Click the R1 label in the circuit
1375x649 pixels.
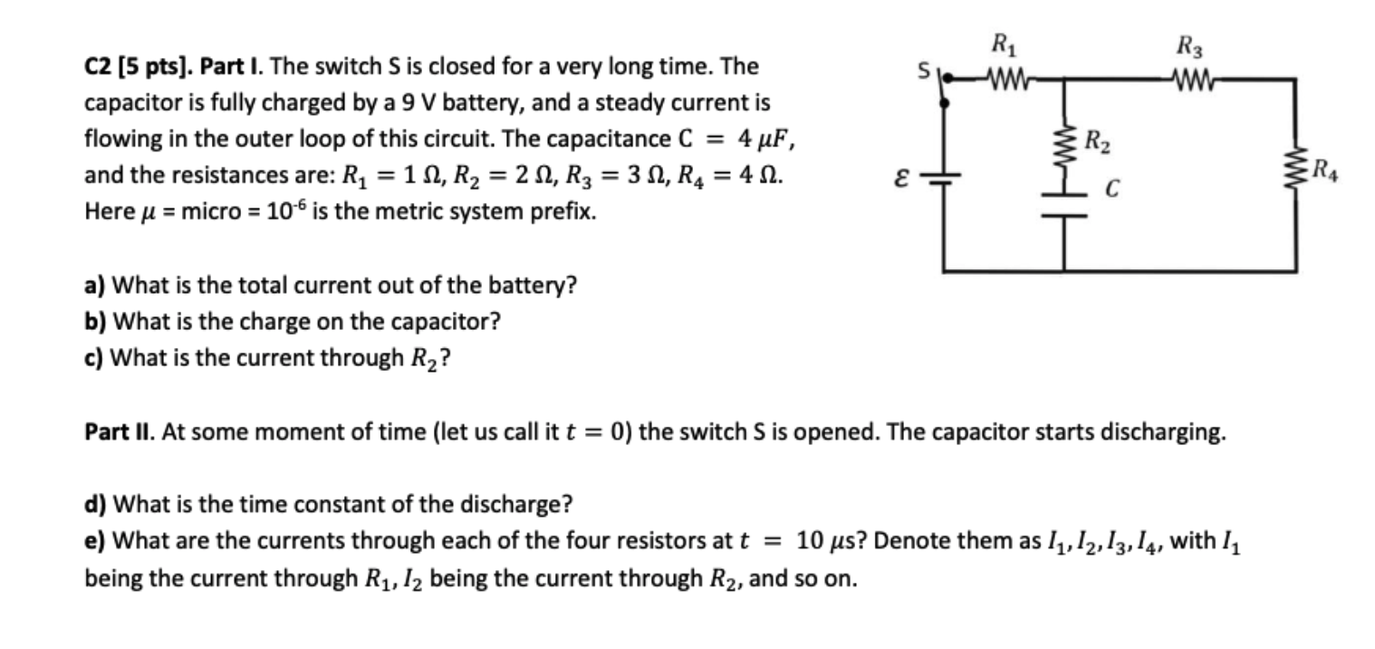[x=1002, y=44]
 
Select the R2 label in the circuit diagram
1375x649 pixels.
[x=1094, y=141]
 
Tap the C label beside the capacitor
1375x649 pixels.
[x=1113, y=190]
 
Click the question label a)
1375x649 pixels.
[x=95, y=286]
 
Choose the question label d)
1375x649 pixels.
[x=95, y=503]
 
